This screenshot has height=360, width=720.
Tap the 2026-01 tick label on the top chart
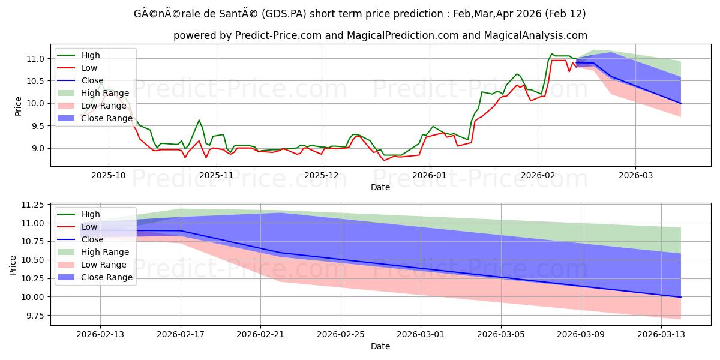pyautogui.click(x=430, y=176)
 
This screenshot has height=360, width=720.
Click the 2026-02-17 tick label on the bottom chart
pyautogui.click(x=181, y=334)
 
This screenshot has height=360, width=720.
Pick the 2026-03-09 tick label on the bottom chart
pyautogui.click(x=581, y=334)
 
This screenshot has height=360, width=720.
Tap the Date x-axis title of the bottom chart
pyautogui.click(x=380, y=346)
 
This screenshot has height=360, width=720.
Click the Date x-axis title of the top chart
pyautogui.click(x=380, y=187)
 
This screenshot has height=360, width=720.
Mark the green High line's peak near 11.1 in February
pyautogui.click(x=551, y=53)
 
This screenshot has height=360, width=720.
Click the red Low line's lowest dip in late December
pyautogui.click(x=385, y=160)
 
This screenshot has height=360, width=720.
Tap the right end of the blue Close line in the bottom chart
pyautogui.click(x=680, y=297)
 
